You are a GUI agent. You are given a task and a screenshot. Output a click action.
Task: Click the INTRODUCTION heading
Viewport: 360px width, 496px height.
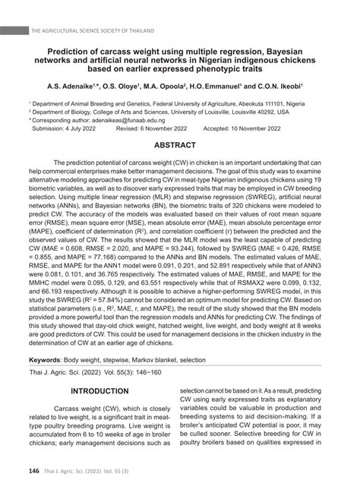tap(99, 391)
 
